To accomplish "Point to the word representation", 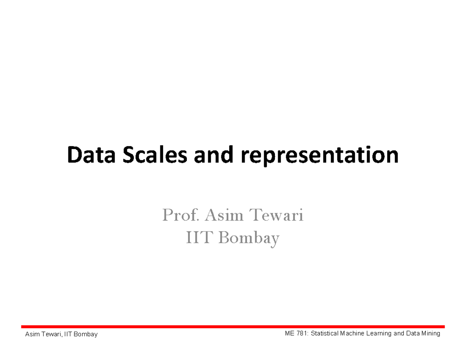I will [x=320, y=156].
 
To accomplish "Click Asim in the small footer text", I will [x=31, y=334].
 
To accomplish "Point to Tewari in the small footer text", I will [x=51, y=334].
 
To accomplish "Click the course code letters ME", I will [x=289, y=334].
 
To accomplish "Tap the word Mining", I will [x=431, y=334].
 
